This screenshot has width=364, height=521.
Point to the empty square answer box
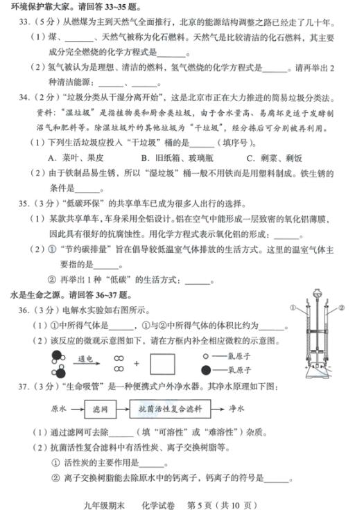click(x=163, y=363)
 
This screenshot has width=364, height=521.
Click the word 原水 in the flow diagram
click(x=59, y=409)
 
